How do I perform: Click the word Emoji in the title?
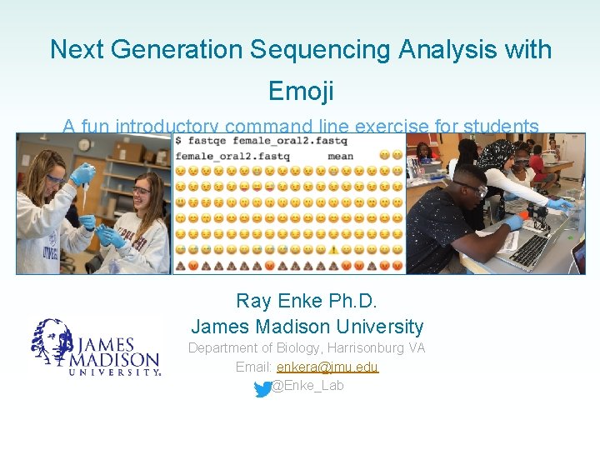pos(301,90)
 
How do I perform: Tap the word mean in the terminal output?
pos(340,156)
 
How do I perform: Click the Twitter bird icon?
pos(262,387)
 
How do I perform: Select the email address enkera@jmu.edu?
pos(327,367)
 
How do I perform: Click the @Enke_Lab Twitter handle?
pos(307,386)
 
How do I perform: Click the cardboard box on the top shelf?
pos(128,152)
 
